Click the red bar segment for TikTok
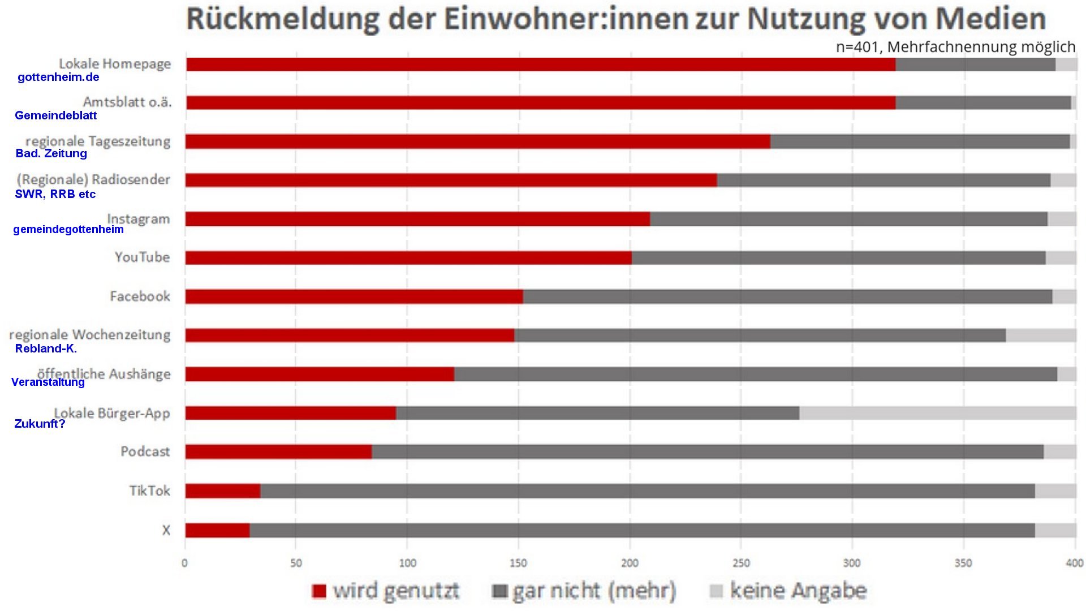tap(223, 491)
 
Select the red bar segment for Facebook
tap(354, 296)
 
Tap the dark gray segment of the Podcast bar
tap(707, 452)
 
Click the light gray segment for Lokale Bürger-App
tap(937, 413)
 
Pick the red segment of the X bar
tap(217, 531)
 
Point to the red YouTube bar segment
tap(408, 258)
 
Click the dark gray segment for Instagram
tap(848, 219)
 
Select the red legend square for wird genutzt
tap(319, 591)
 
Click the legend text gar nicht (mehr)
tap(594, 591)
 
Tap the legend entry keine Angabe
tap(798, 591)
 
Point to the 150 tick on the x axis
tap(518, 563)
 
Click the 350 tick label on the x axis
tap(963, 563)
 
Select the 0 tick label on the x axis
tap(184, 563)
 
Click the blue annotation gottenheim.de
tap(58, 78)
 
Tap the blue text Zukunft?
tap(40, 424)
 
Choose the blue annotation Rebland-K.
tap(46, 348)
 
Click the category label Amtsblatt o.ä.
tap(127, 102)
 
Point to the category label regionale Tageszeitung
tap(98, 141)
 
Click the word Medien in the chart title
tap(990, 19)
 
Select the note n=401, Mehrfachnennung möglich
tap(955, 47)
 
